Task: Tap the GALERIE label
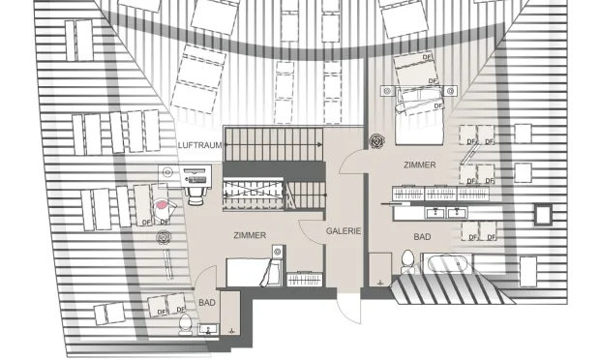344,231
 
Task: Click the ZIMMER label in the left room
250,235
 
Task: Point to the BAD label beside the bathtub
422,237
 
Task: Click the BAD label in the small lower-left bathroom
207,303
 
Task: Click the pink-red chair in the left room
163,205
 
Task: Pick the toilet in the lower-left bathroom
184,321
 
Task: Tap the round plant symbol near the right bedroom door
376,140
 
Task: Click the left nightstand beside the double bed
387,92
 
